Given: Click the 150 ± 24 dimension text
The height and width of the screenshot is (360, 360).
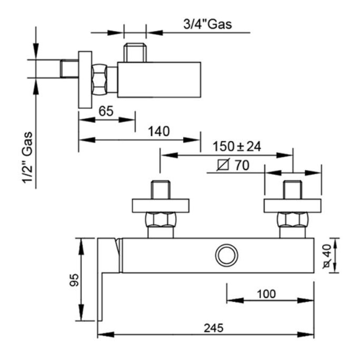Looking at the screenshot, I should (x=237, y=146).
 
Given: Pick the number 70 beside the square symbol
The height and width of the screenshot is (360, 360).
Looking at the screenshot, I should (x=242, y=165).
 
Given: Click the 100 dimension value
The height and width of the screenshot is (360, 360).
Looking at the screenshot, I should (x=267, y=293).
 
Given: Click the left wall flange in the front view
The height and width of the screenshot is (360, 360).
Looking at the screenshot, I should (x=160, y=205).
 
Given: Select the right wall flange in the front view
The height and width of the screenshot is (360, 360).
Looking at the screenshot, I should (x=292, y=205).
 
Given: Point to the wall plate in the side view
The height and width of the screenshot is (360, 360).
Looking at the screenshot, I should (x=85, y=79).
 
